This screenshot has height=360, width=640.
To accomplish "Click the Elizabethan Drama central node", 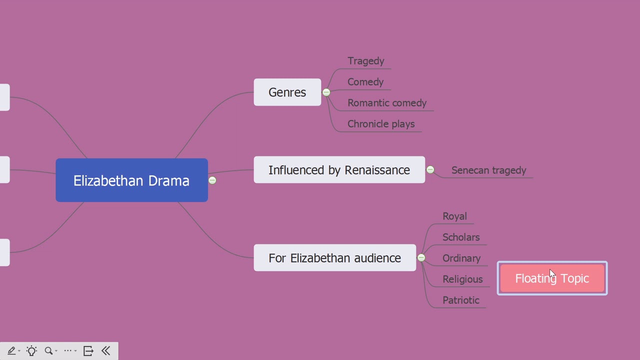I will (131, 180).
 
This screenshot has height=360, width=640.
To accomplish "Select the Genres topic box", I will (287, 92).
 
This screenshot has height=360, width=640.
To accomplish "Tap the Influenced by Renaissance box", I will (339, 170).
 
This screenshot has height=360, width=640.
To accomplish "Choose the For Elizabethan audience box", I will (334, 258).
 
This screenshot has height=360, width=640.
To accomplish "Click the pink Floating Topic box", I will (552, 278).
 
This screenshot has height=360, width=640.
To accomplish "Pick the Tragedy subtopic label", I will (365, 61).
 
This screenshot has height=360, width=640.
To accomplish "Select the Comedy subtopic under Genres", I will (365, 82).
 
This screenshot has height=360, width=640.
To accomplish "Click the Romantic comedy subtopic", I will (386, 103).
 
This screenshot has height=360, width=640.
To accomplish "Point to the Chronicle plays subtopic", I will (380, 124).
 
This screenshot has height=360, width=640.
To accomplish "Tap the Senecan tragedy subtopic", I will (488, 170).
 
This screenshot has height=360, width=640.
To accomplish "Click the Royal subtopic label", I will (454, 216).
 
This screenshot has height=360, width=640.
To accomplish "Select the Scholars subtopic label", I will (460, 237).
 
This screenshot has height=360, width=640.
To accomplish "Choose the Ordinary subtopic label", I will (461, 258).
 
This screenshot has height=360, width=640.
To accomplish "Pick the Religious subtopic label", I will (462, 279).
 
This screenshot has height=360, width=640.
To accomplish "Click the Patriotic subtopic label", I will (460, 300).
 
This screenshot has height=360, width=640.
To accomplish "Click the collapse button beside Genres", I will (326, 92).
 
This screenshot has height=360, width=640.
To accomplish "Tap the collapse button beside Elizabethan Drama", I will (212, 180).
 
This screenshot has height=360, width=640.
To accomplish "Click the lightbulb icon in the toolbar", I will (31, 351).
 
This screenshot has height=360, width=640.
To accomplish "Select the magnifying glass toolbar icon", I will (48, 351).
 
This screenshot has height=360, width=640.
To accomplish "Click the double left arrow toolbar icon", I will (105, 351).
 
